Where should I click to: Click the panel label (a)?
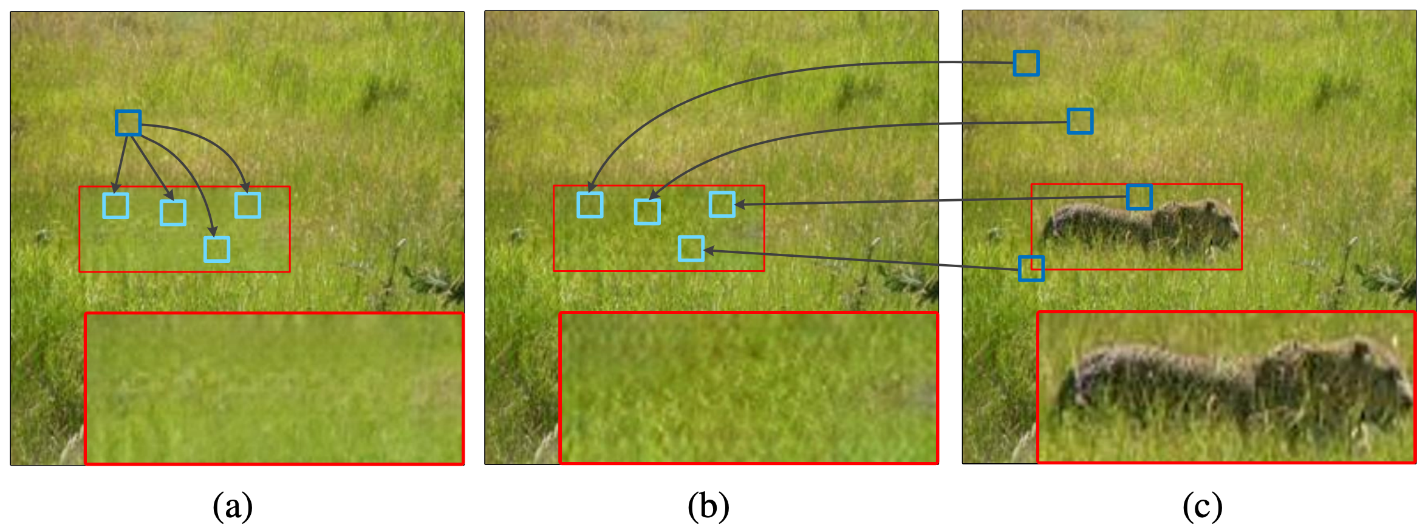233,506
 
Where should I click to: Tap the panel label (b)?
708,506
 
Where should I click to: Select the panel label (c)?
1202,506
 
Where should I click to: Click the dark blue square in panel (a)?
128,123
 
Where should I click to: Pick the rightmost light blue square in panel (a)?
248,205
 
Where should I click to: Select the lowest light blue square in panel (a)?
217,250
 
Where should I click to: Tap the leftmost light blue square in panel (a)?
115,206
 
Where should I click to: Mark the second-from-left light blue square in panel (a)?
173,212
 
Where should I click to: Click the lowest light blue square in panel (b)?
691,248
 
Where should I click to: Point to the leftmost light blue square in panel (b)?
590,205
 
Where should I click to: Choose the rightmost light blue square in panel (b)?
722,204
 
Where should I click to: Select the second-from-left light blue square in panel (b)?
647,212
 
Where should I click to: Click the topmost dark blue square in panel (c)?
1026,63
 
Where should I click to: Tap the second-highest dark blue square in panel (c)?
1080,121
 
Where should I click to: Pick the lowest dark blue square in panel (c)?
1031,268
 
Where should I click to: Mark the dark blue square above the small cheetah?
1139,197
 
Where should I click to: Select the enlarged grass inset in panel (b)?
748,388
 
